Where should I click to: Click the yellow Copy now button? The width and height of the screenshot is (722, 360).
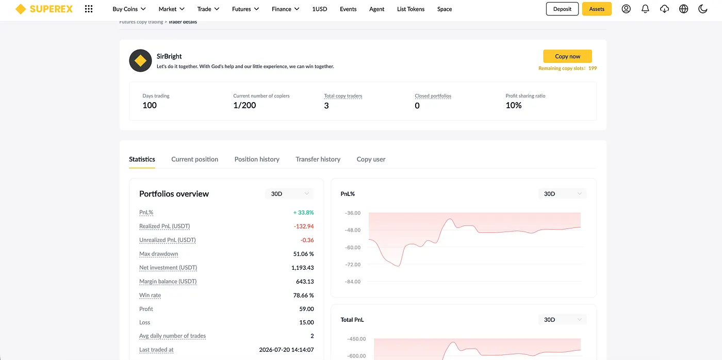click(567, 56)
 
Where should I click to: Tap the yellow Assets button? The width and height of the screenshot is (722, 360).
click(597, 9)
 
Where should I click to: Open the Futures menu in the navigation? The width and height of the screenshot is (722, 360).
click(245, 9)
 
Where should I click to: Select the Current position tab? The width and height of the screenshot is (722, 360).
click(195, 159)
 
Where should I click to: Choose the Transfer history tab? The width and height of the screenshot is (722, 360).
click(318, 159)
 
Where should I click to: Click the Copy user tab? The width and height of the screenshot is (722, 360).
click(371, 159)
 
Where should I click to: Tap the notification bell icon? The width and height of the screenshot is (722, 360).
click(645, 9)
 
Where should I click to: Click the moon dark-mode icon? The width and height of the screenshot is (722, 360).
click(702, 9)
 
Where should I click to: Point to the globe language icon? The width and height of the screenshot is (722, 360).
click(683, 9)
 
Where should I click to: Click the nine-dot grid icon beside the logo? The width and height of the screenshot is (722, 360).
click(89, 9)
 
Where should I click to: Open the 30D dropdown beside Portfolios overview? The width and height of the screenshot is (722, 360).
click(289, 194)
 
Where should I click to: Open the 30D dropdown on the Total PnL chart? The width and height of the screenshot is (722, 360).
click(562, 320)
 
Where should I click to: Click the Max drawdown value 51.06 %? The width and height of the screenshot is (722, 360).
click(303, 254)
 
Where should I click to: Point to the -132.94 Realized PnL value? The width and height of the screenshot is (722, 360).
click(304, 226)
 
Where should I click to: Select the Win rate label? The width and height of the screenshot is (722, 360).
click(150, 295)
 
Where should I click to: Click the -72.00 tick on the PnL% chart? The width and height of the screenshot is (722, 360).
click(353, 265)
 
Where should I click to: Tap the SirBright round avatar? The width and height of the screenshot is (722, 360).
click(140, 60)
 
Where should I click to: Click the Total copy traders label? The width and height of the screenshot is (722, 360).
click(343, 96)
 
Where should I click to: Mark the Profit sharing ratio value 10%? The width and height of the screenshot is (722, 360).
click(514, 105)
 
